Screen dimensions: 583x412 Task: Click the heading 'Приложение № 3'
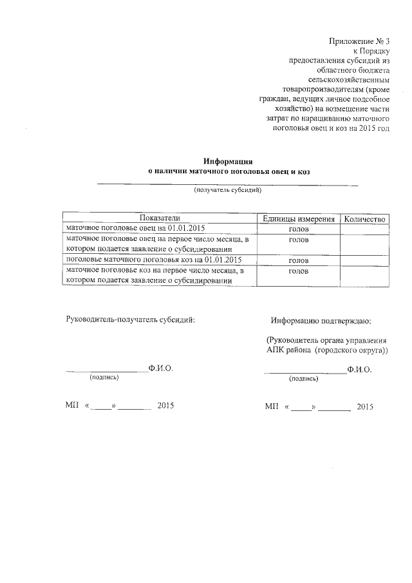pyautogui.click(x=359, y=41)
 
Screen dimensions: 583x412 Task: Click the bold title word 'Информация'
pyautogui.click(x=226, y=161)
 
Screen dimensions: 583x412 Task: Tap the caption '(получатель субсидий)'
pyautogui.click(x=228, y=191)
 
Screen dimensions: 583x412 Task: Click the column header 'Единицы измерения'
pyautogui.click(x=298, y=219)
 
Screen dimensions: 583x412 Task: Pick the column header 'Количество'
pyautogui.click(x=364, y=219)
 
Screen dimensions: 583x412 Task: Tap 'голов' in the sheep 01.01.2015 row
pyautogui.click(x=298, y=229)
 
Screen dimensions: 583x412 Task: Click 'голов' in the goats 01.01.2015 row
pyautogui.click(x=298, y=261)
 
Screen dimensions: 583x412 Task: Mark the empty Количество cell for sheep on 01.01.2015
pyautogui.click(x=364, y=229)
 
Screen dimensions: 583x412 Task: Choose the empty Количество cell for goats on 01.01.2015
pyautogui.click(x=364, y=261)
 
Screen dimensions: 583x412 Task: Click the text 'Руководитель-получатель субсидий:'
pyautogui.click(x=130, y=320)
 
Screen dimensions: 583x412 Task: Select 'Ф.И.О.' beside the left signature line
pyautogui.click(x=160, y=369)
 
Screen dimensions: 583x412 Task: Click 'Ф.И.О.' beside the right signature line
pyautogui.click(x=359, y=370)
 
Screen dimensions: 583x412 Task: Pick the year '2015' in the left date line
pyautogui.click(x=165, y=406)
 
